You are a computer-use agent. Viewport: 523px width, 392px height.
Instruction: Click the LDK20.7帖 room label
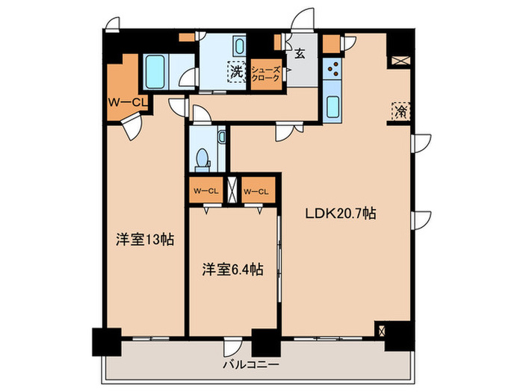339,213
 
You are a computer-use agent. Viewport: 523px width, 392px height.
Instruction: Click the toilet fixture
201,158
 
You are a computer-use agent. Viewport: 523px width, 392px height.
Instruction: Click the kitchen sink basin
333,106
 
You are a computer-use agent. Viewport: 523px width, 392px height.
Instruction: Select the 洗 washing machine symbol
236,72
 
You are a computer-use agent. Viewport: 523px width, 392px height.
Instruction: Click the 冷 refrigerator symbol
400,111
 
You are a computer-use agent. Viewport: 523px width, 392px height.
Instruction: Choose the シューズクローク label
266,73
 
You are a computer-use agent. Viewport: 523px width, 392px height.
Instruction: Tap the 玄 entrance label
299,53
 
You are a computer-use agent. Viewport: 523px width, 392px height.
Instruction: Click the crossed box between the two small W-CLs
231,190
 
